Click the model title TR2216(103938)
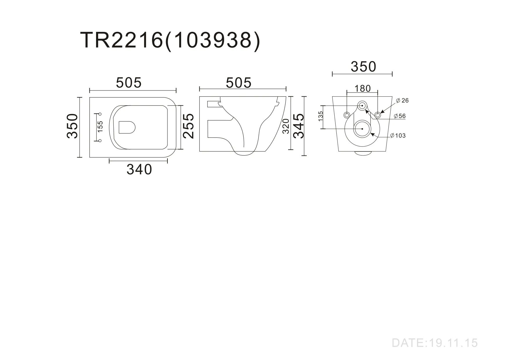(x=170, y=40)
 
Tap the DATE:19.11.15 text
(x=434, y=343)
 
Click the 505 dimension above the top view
(x=129, y=83)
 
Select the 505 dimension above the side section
(x=239, y=83)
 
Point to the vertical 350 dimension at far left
(x=73, y=126)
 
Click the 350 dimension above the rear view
(x=363, y=67)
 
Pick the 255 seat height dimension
(x=189, y=126)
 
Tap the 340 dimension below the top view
(x=139, y=170)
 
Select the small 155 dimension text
(x=100, y=127)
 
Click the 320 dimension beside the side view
(x=286, y=126)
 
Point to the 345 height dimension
(x=298, y=126)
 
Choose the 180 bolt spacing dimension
(x=362, y=88)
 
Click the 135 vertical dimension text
(x=321, y=116)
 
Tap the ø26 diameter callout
(x=402, y=101)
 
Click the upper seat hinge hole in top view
(x=100, y=113)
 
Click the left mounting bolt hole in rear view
(x=347, y=115)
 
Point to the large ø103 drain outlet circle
(x=362, y=129)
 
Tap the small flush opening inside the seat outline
(x=127, y=127)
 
